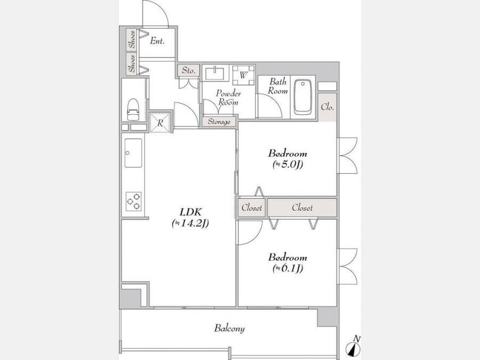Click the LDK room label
[x=190, y=218]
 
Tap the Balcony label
[x=229, y=328]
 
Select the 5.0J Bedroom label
[x=287, y=158]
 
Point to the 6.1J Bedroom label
[x=287, y=262]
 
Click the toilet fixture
[x=133, y=109]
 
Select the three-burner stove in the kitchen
[x=134, y=202]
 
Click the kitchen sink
[x=133, y=153]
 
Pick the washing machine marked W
[x=243, y=75]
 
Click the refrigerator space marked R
[x=160, y=123]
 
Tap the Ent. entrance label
[x=157, y=41]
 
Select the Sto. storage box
[x=189, y=70]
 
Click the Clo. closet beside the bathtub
[x=327, y=107]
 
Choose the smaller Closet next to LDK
[x=252, y=208]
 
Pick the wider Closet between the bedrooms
[x=302, y=208]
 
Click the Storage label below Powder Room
[x=219, y=122]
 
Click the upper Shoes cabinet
[x=132, y=40]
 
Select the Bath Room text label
[x=278, y=86]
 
